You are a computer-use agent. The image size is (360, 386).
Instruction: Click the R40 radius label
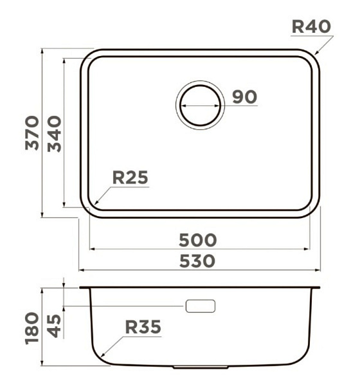click(311, 26)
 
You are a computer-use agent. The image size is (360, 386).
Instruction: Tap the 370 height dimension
click(32, 133)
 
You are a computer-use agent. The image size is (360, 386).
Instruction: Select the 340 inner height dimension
click(55, 134)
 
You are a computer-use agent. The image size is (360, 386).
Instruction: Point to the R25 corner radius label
click(130, 178)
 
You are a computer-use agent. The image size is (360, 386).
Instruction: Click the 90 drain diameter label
click(244, 96)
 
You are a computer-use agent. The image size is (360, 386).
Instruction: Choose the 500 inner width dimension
click(198, 240)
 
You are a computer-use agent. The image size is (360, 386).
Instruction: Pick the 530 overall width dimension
click(197, 261)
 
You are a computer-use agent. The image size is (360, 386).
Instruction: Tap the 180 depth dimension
click(32, 328)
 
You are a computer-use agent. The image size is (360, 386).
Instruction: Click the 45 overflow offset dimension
click(54, 326)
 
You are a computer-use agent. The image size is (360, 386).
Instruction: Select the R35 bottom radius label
click(143, 327)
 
